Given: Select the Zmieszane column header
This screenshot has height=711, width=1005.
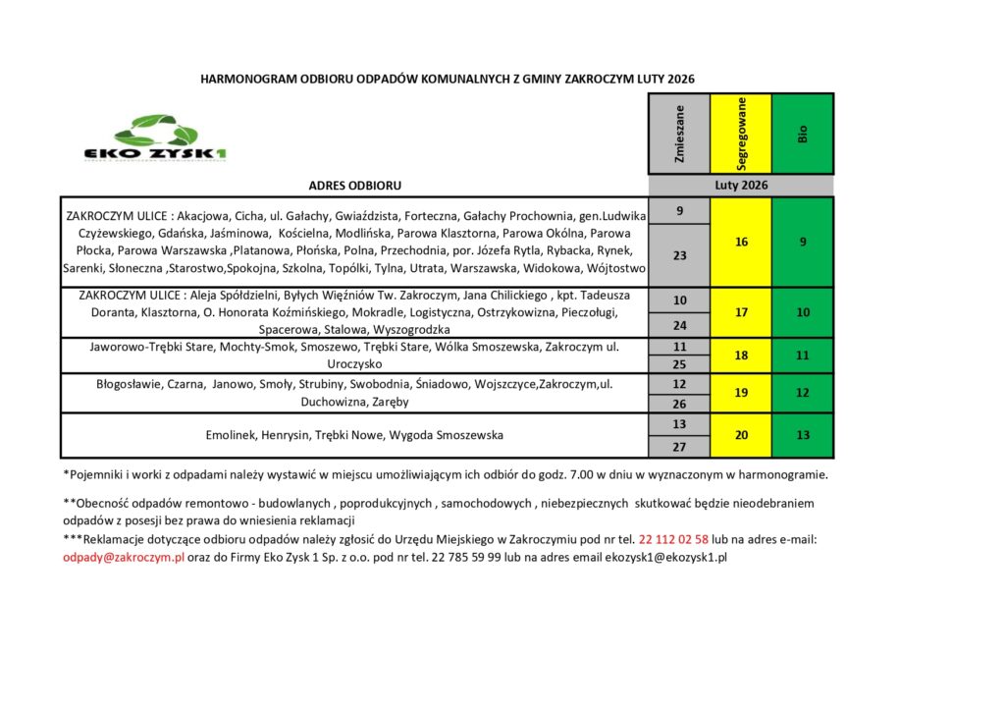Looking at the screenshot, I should click(x=680, y=135).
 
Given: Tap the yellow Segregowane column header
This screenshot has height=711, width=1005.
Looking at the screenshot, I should click(x=742, y=135).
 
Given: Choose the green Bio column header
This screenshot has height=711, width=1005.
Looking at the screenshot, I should click(x=803, y=135).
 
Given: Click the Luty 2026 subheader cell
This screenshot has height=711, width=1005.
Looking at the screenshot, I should click(x=741, y=185).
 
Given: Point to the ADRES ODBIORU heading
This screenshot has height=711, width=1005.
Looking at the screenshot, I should click(x=354, y=185).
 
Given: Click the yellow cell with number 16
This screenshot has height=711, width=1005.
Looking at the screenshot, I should click(x=742, y=242).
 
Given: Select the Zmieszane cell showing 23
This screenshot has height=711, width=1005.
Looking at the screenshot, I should click(x=680, y=254).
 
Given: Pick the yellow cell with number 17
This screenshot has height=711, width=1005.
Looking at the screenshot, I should click(x=742, y=312).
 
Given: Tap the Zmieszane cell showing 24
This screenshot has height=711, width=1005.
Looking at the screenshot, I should click(x=680, y=325).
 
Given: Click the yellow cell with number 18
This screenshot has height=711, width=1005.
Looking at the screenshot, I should click(x=742, y=355).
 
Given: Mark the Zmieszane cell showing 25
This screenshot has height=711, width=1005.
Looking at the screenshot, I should click(x=680, y=363).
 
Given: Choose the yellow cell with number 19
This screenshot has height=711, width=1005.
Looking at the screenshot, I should click(x=742, y=393).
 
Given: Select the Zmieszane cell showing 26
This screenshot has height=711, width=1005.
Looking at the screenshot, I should click(x=680, y=403).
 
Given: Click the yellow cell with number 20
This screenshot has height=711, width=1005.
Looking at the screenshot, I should click(x=742, y=435).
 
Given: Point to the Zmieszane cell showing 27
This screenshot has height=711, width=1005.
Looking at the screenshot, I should click(x=680, y=446).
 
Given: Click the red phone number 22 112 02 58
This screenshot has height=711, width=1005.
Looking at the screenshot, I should click(x=673, y=539).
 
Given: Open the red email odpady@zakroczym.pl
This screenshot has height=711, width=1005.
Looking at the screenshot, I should click(x=123, y=557).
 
